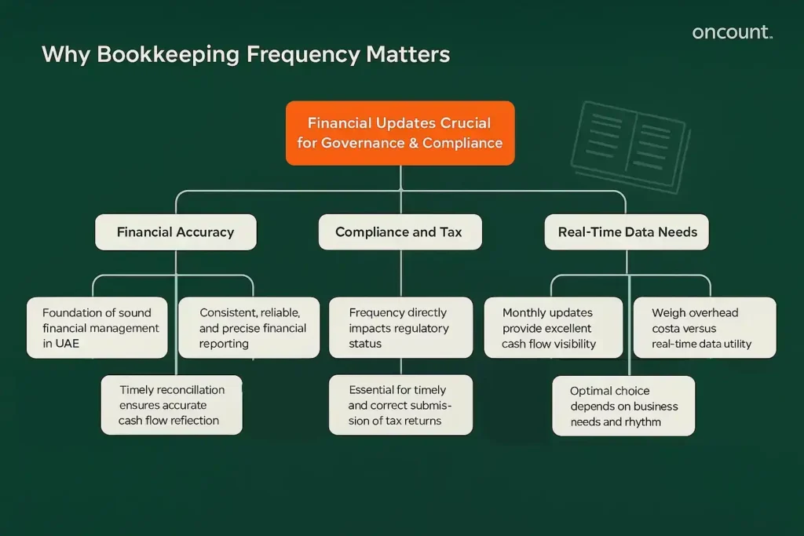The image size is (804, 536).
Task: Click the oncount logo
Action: point(732,32)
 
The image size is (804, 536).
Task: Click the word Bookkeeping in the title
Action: point(167,55)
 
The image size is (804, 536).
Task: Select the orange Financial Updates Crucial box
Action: point(400,133)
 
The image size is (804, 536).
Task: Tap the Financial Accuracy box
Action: point(175,232)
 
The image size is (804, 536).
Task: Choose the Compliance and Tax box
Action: point(399,232)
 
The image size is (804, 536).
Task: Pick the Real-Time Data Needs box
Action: point(627,232)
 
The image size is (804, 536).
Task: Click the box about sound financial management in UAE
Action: point(97,328)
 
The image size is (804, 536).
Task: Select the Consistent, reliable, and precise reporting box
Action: point(248,328)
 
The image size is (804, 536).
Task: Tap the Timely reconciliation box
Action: point(171,405)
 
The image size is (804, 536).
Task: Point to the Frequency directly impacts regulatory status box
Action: point(400,328)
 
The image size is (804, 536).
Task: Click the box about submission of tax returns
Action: point(400,405)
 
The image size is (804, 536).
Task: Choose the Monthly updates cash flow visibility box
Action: point(553,328)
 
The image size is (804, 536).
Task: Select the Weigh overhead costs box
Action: point(703,328)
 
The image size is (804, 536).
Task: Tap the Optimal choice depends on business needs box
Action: point(623,406)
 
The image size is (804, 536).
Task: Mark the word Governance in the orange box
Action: point(373,143)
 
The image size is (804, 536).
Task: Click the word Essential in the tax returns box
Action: point(375,390)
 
